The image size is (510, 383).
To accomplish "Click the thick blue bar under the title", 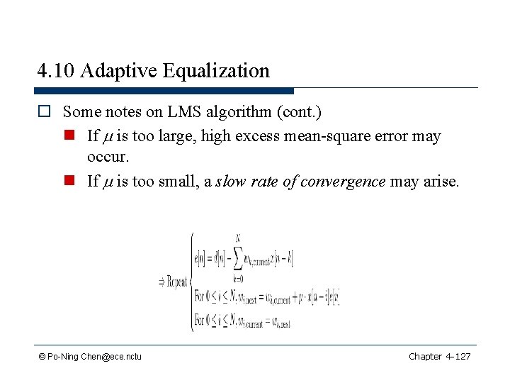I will coord(164,91).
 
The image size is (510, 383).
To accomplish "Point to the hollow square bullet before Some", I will coord(45,112).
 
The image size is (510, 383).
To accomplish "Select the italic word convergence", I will coord(343,181).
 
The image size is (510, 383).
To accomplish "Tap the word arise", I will coord(441,181).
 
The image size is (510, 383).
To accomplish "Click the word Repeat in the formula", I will coord(174,282).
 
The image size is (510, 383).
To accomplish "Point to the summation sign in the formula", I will coord(237,255).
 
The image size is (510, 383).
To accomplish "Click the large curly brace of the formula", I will coord(190,282).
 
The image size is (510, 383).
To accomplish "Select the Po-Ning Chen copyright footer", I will coord(91,356).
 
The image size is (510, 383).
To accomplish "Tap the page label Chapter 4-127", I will coord(439,356).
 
